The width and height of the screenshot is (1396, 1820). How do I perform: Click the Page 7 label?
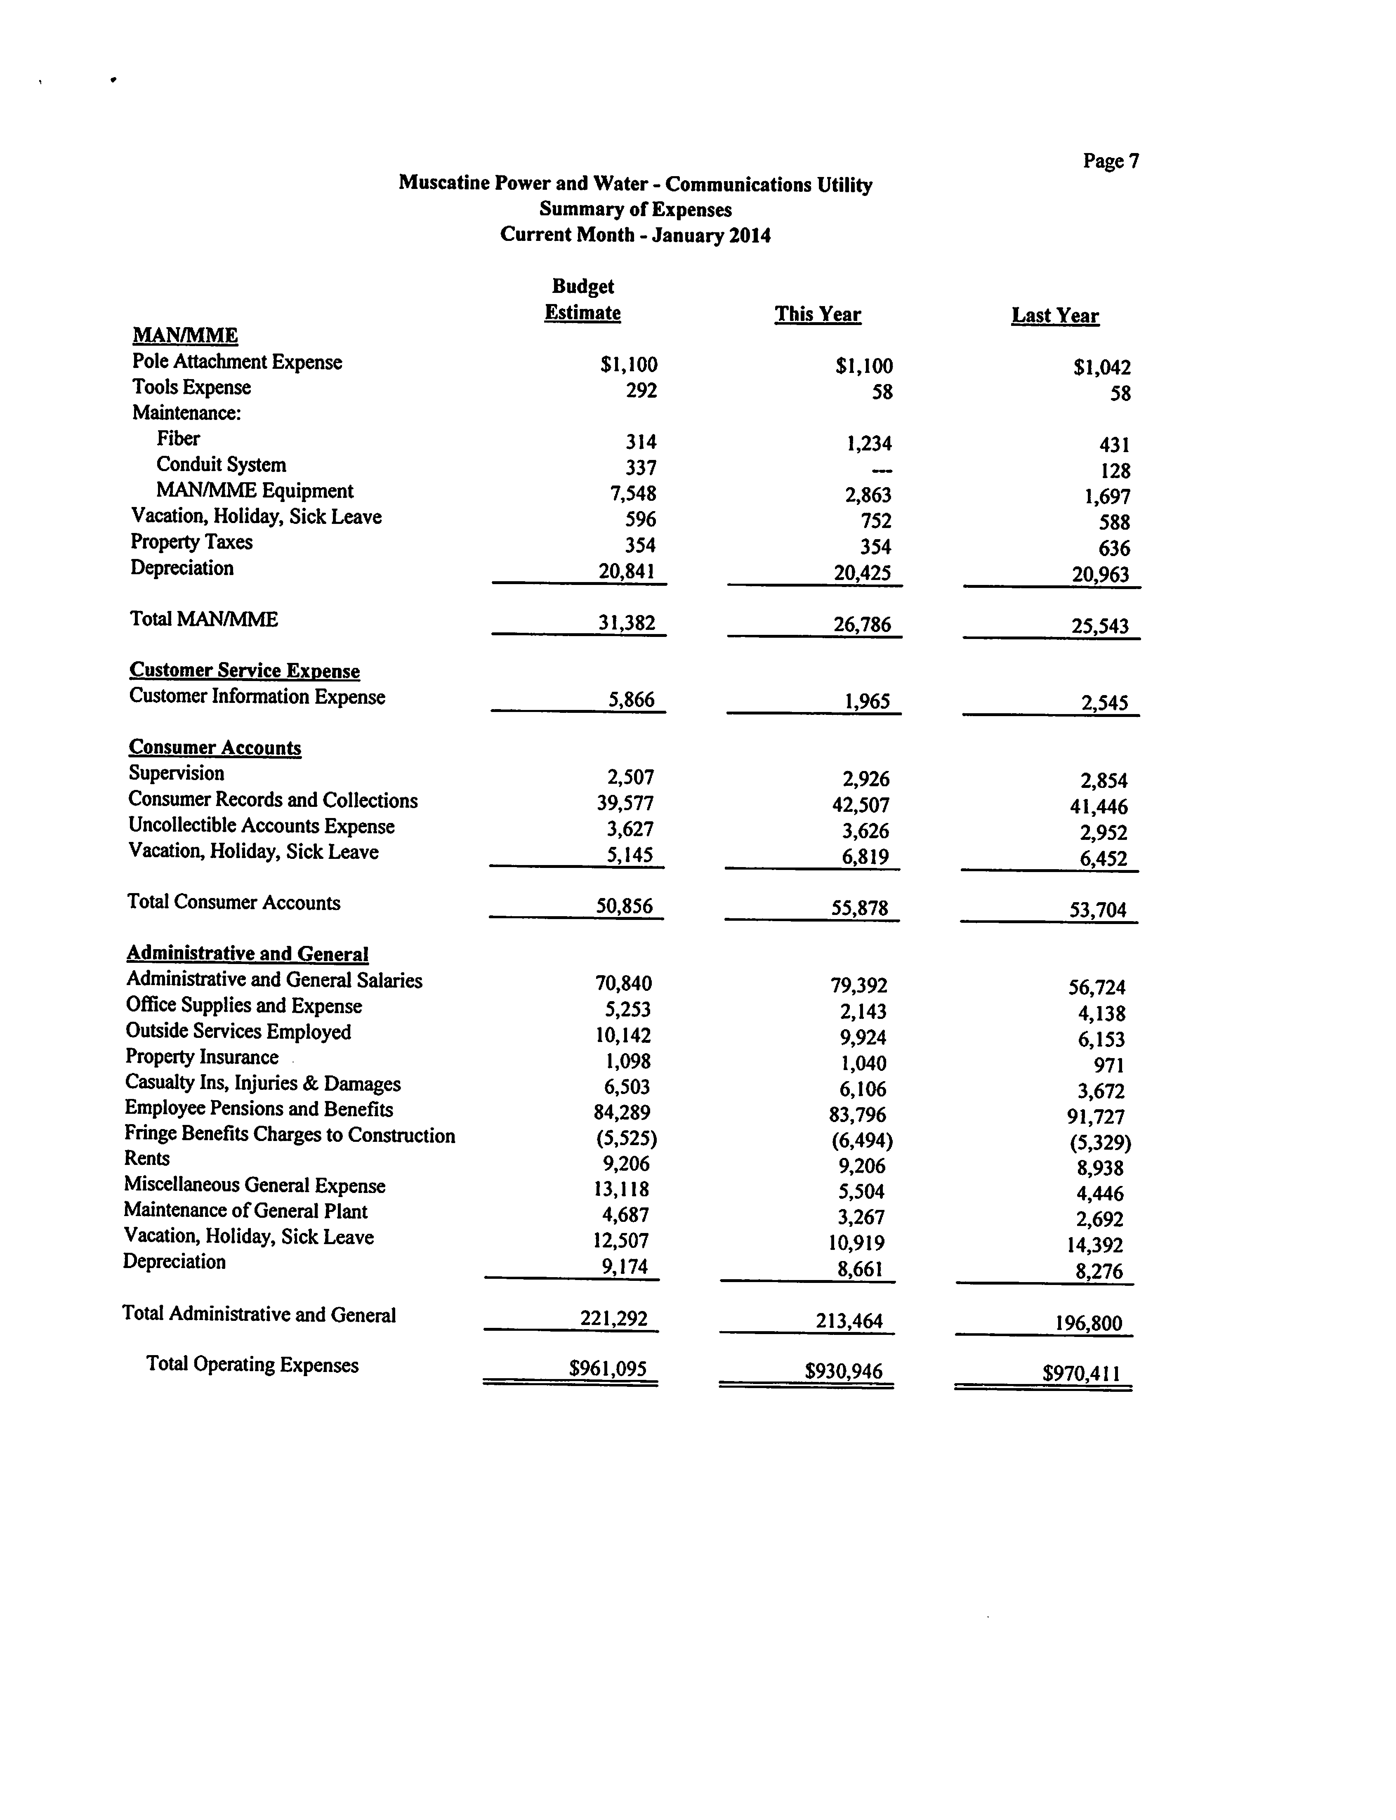tap(1110, 161)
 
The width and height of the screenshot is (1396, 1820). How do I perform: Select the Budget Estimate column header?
tap(582, 300)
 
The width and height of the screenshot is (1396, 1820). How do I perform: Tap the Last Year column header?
tap(1054, 316)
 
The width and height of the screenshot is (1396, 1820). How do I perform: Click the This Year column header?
tap(818, 314)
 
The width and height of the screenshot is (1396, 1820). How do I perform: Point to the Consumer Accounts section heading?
tap(215, 747)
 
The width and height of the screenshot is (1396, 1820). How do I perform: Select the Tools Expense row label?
tap(191, 387)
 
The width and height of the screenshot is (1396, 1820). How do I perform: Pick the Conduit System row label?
tap(221, 464)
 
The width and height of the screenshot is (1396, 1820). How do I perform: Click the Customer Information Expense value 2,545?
tap(1104, 704)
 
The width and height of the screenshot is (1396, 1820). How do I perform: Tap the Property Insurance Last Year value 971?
tap(1109, 1065)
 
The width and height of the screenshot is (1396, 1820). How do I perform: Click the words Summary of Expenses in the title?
tap(635, 209)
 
